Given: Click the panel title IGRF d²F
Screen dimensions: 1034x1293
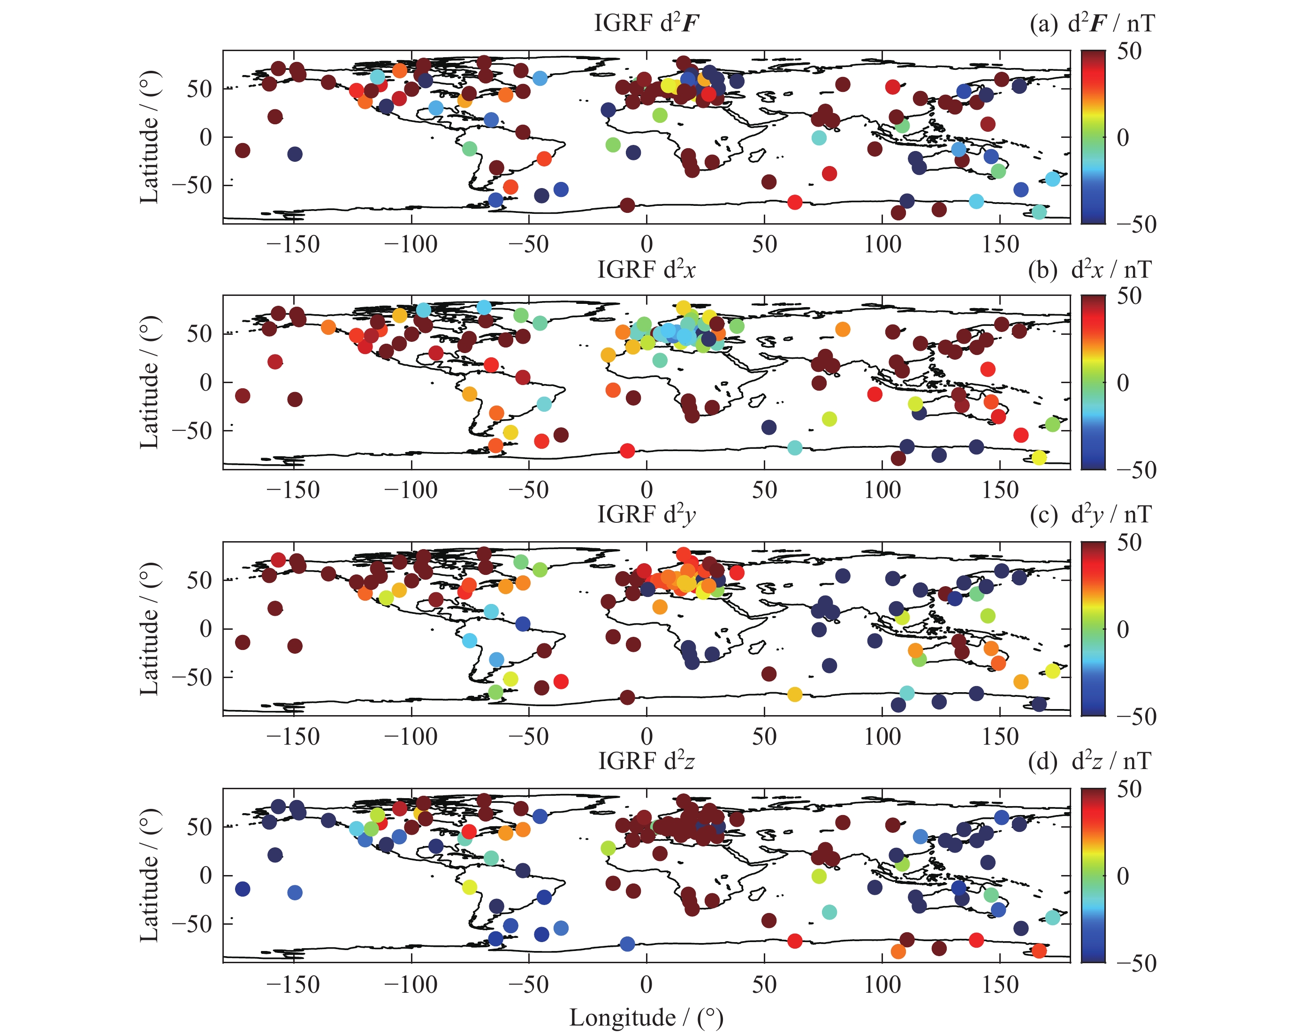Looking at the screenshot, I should click(646, 23).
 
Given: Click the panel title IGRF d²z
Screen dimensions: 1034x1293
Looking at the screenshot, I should click(646, 761).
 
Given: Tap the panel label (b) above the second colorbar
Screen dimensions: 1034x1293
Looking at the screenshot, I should click(1042, 270).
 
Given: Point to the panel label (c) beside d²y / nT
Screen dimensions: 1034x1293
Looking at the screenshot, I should click(1043, 515).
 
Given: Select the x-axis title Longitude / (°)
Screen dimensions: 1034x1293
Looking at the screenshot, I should click(646, 1017).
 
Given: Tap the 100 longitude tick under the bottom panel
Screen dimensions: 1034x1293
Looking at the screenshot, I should click(882, 984).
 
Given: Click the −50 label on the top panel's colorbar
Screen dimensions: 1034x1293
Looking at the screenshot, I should click(1136, 224).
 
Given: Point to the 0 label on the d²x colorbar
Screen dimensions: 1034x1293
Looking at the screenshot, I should click(1123, 383).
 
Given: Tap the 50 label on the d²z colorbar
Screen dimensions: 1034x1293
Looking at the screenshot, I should click(1129, 789).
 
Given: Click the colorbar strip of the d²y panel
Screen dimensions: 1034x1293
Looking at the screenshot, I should click(1093, 628).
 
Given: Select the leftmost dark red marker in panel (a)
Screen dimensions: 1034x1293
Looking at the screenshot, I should click(242, 151).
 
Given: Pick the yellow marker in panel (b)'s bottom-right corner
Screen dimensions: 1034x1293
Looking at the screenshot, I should click(1039, 458).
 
